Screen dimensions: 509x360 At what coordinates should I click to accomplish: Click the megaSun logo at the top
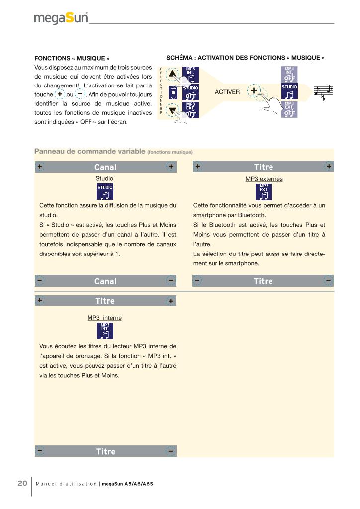pyautogui.click(x=61, y=18)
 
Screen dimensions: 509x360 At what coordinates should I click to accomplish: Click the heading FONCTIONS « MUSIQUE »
pyautogui.click(x=72, y=58)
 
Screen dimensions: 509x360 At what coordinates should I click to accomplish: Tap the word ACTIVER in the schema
pyautogui.click(x=227, y=92)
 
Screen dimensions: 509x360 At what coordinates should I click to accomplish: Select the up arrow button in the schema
pyautogui.click(x=173, y=75)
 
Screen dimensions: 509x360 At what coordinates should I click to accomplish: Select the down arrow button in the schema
pyautogui.click(x=173, y=110)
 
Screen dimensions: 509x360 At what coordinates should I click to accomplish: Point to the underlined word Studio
pyautogui.click(x=104, y=178)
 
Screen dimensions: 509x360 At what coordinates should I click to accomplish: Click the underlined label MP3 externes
pyautogui.click(x=264, y=178)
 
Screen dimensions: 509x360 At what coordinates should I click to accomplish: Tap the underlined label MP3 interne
pyautogui.click(x=104, y=317)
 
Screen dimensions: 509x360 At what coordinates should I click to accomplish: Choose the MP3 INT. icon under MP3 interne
pyautogui.click(x=104, y=331)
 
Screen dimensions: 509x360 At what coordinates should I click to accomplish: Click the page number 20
pyautogui.click(x=22, y=483)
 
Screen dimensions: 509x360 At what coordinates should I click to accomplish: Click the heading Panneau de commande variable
pyautogui.click(x=90, y=151)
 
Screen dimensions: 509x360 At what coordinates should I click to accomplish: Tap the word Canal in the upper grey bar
pyautogui.click(x=105, y=167)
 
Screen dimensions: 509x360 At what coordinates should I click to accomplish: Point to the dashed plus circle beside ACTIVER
pyautogui.click(x=254, y=91)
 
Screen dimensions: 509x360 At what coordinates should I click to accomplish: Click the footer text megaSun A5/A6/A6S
pyautogui.click(x=127, y=484)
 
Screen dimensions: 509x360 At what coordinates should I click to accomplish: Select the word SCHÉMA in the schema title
pyautogui.click(x=180, y=58)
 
